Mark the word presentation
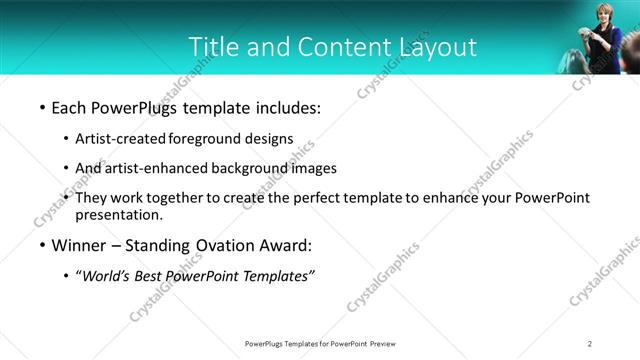[118, 215]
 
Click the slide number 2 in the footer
[590, 343]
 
